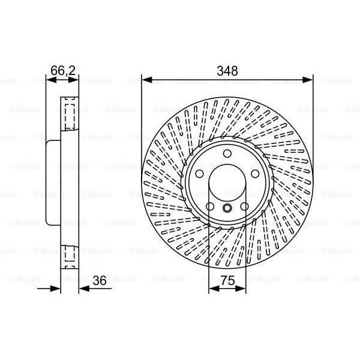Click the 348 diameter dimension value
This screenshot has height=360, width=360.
pos(227,70)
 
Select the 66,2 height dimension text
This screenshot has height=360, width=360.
pos(62,70)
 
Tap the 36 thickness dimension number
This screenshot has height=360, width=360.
pos(100,280)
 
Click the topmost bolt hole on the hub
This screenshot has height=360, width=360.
pos(227,154)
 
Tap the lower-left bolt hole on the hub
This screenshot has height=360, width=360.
pos(211,207)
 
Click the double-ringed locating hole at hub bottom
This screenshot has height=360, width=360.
pos(227,208)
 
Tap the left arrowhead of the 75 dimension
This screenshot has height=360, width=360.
pos(212,289)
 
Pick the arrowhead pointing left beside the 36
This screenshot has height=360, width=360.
pos(83,289)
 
